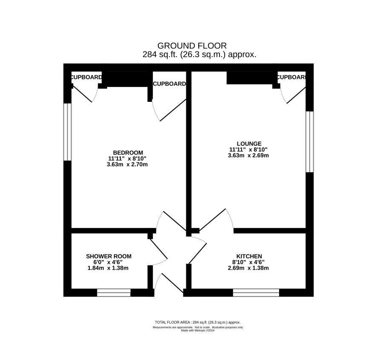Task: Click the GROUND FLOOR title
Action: coord(192,46)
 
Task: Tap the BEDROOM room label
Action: coord(128,153)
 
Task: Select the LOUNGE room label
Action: coord(249,144)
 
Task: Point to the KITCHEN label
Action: coord(249,256)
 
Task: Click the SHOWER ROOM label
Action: coord(109,256)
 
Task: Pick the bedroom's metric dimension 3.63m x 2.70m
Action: coord(127,164)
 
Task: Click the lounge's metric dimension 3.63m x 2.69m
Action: coord(248,156)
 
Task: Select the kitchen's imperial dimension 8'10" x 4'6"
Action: coord(248,262)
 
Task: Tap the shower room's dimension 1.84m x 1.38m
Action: coord(108,268)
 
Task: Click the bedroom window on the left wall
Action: coord(68,132)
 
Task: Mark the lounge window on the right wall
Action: coord(310,141)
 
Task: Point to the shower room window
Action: coord(114,293)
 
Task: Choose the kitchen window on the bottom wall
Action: coord(256,293)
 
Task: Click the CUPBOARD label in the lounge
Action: coord(291,77)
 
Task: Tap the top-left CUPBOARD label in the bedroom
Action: coord(86,77)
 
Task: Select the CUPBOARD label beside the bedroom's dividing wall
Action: coord(169,84)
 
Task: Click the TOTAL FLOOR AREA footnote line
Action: coord(197,322)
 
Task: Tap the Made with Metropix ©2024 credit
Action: coord(197,331)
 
